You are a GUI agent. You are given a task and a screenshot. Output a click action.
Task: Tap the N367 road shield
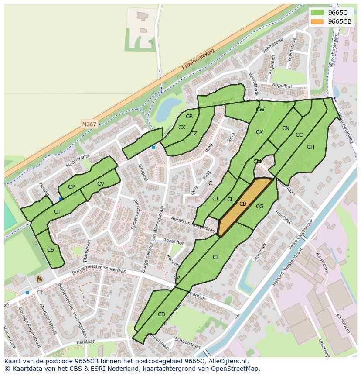[x=89, y=124]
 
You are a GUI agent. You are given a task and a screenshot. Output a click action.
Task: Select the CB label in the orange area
[x=243, y=204]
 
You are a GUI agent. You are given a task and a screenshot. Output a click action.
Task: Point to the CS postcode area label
[x=50, y=250]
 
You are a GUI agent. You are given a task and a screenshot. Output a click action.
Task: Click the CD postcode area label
[x=161, y=314]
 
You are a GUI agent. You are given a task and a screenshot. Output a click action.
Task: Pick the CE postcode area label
[x=216, y=257]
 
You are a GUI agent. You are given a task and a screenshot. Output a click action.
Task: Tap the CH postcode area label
[x=310, y=147]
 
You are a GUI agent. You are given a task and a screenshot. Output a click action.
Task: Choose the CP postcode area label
[x=71, y=187]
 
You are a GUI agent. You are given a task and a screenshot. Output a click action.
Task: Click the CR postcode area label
[x=189, y=117]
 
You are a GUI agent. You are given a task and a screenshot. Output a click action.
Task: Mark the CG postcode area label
[x=259, y=207]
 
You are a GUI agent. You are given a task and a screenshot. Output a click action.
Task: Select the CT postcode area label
[x=57, y=212]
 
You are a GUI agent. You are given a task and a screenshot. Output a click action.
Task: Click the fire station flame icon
[x=39, y=278]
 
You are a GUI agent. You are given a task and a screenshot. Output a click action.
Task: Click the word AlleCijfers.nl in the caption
[x=227, y=361]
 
